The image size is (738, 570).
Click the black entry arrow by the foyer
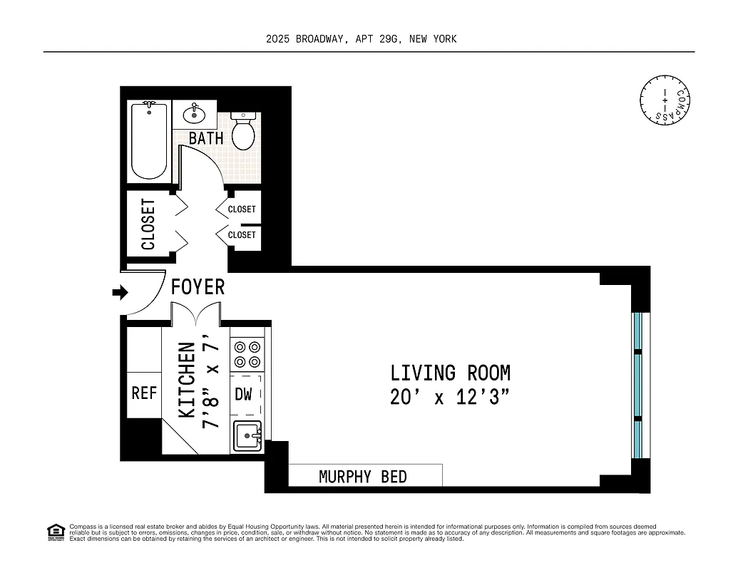(x=120, y=292)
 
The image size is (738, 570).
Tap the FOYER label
(x=198, y=287)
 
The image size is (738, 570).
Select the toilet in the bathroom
(x=244, y=130)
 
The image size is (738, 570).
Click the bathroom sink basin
(x=193, y=114)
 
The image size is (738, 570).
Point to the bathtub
(x=149, y=141)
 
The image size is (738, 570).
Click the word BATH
(x=206, y=138)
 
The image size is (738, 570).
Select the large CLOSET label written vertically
(x=148, y=224)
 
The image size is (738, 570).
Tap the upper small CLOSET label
(x=242, y=209)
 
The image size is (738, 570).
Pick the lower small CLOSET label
(x=242, y=234)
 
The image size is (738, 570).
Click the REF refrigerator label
(x=144, y=393)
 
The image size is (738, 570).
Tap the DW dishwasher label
(x=244, y=394)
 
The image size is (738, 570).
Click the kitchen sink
(x=247, y=434)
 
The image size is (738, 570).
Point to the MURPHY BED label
(x=363, y=477)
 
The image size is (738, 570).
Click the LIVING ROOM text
(x=450, y=373)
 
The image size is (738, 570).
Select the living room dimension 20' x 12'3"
(x=450, y=398)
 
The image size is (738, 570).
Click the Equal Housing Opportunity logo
(x=56, y=532)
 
